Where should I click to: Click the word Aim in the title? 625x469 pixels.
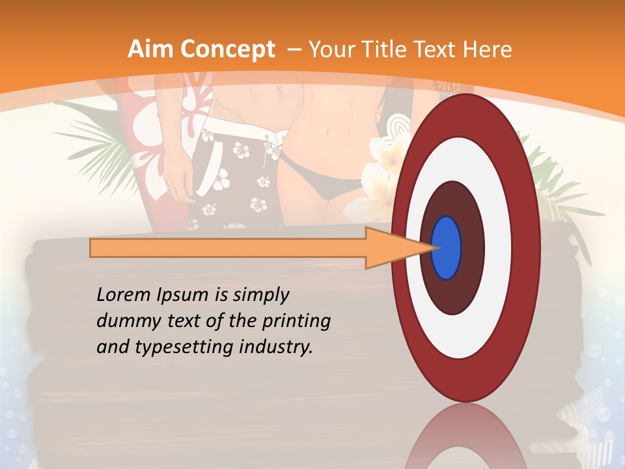[x=152, y=50]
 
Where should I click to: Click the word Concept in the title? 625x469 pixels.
[x=229, y=50]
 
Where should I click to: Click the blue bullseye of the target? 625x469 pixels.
[x=447, y=248]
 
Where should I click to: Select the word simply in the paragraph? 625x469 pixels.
[x=260, y=295]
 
